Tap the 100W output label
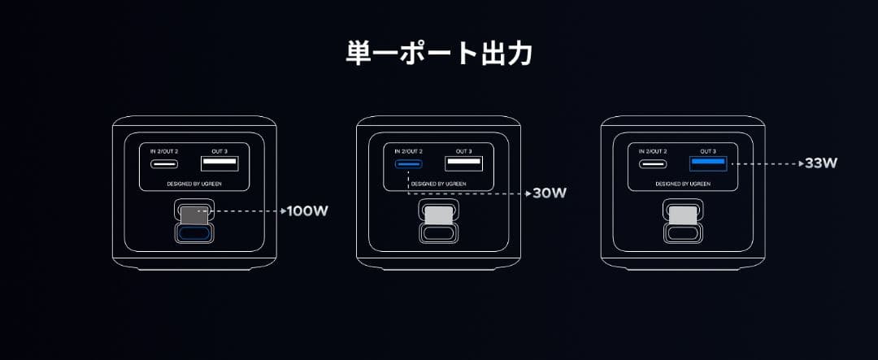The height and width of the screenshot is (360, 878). click(307, 211)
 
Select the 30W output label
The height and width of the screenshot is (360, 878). click(550, 193)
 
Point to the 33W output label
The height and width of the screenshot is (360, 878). click(821, 163)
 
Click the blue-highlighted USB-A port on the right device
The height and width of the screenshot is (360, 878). click(708, 163)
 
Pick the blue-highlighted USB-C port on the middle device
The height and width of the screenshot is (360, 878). click(409, 164)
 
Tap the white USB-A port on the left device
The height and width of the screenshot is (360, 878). click(219, 163)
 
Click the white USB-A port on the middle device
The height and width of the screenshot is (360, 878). click(463, 163)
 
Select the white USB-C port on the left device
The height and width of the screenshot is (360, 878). click(164, 164)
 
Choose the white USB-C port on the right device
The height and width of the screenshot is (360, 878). click(653, 164)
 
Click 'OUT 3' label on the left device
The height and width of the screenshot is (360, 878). click(219, 151)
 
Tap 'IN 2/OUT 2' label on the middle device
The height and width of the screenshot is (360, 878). click(409, 151)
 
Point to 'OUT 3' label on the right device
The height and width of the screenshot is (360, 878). click(708, 151)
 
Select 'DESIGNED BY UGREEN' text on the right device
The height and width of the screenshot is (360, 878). click(683, 184)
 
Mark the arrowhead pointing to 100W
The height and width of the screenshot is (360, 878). click(284, 211)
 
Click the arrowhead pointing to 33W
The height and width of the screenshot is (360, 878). click(802, 164)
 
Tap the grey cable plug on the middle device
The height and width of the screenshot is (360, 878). click(439, 215)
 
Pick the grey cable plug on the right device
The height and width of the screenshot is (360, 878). click(683, 215)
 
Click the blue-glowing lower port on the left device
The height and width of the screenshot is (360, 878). click(194, 233)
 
